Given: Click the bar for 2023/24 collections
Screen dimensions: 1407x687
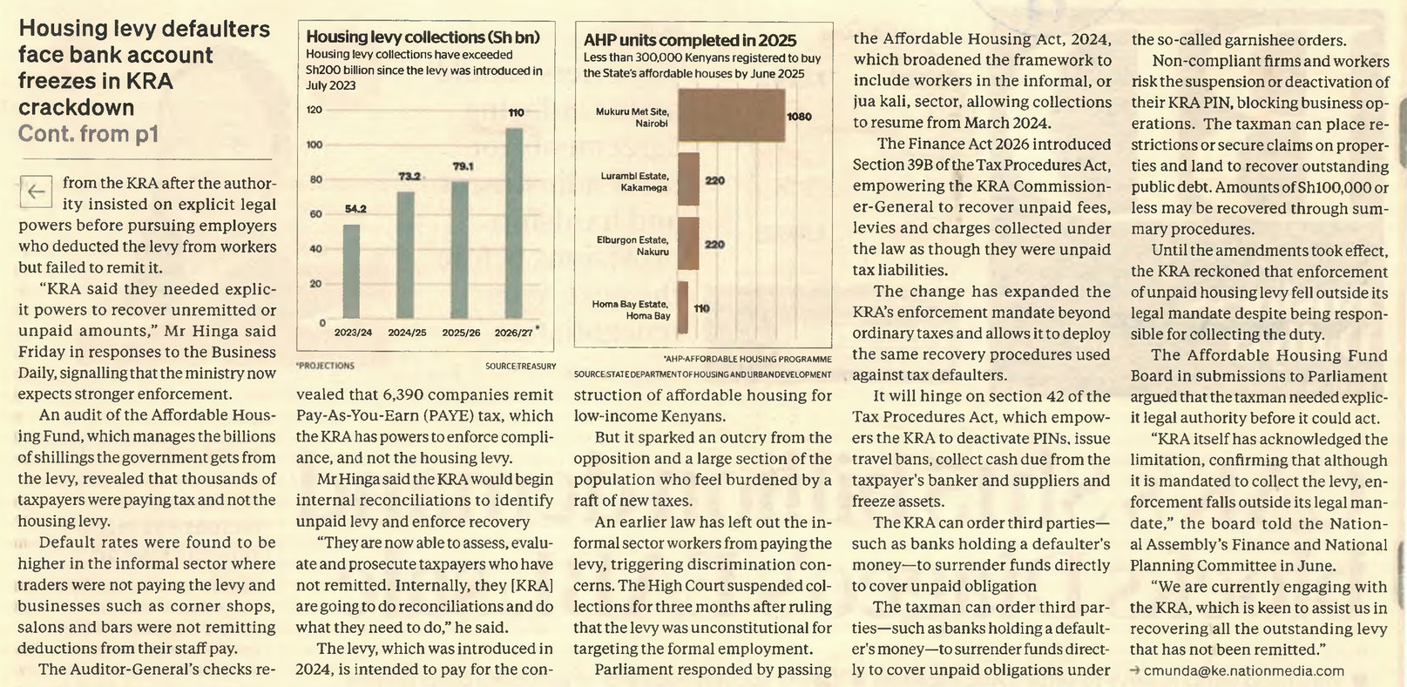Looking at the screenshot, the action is coord(351,272).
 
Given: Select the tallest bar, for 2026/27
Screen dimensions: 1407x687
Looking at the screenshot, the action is coord(514,224).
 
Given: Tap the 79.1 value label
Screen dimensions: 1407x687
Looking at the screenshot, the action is coord(463,166).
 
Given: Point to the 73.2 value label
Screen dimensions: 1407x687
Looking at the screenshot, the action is coord(409,177).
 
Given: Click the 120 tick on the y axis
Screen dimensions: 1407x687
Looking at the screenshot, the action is coord(314,109).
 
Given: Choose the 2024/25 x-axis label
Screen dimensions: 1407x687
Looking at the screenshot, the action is coord(407,333).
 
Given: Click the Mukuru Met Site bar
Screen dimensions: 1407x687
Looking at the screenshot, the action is coord(731,115).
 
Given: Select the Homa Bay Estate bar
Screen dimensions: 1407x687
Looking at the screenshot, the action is coord(683,307).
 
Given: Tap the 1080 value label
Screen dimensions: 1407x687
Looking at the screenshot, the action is coord(799,117).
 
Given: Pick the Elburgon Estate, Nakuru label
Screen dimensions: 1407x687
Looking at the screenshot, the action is coord(632,246).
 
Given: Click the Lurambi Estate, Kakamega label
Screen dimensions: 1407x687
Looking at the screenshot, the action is coord(633,181).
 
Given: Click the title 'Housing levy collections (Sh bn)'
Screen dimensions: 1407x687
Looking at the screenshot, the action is coord(423,37).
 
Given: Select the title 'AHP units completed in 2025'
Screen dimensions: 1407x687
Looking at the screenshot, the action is coord(690,40).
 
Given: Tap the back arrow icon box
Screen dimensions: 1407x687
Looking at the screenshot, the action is coord(36,191).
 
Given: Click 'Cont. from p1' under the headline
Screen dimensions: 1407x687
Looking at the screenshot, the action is coord(88,134).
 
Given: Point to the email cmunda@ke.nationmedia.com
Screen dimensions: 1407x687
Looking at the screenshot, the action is coord(1244,670).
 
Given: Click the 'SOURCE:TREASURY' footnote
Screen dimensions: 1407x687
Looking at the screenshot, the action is coord(521,366).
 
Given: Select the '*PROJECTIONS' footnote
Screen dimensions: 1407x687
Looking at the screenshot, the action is coord(325,366).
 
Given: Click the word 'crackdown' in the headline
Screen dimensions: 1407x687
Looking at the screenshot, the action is coord(76,107).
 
